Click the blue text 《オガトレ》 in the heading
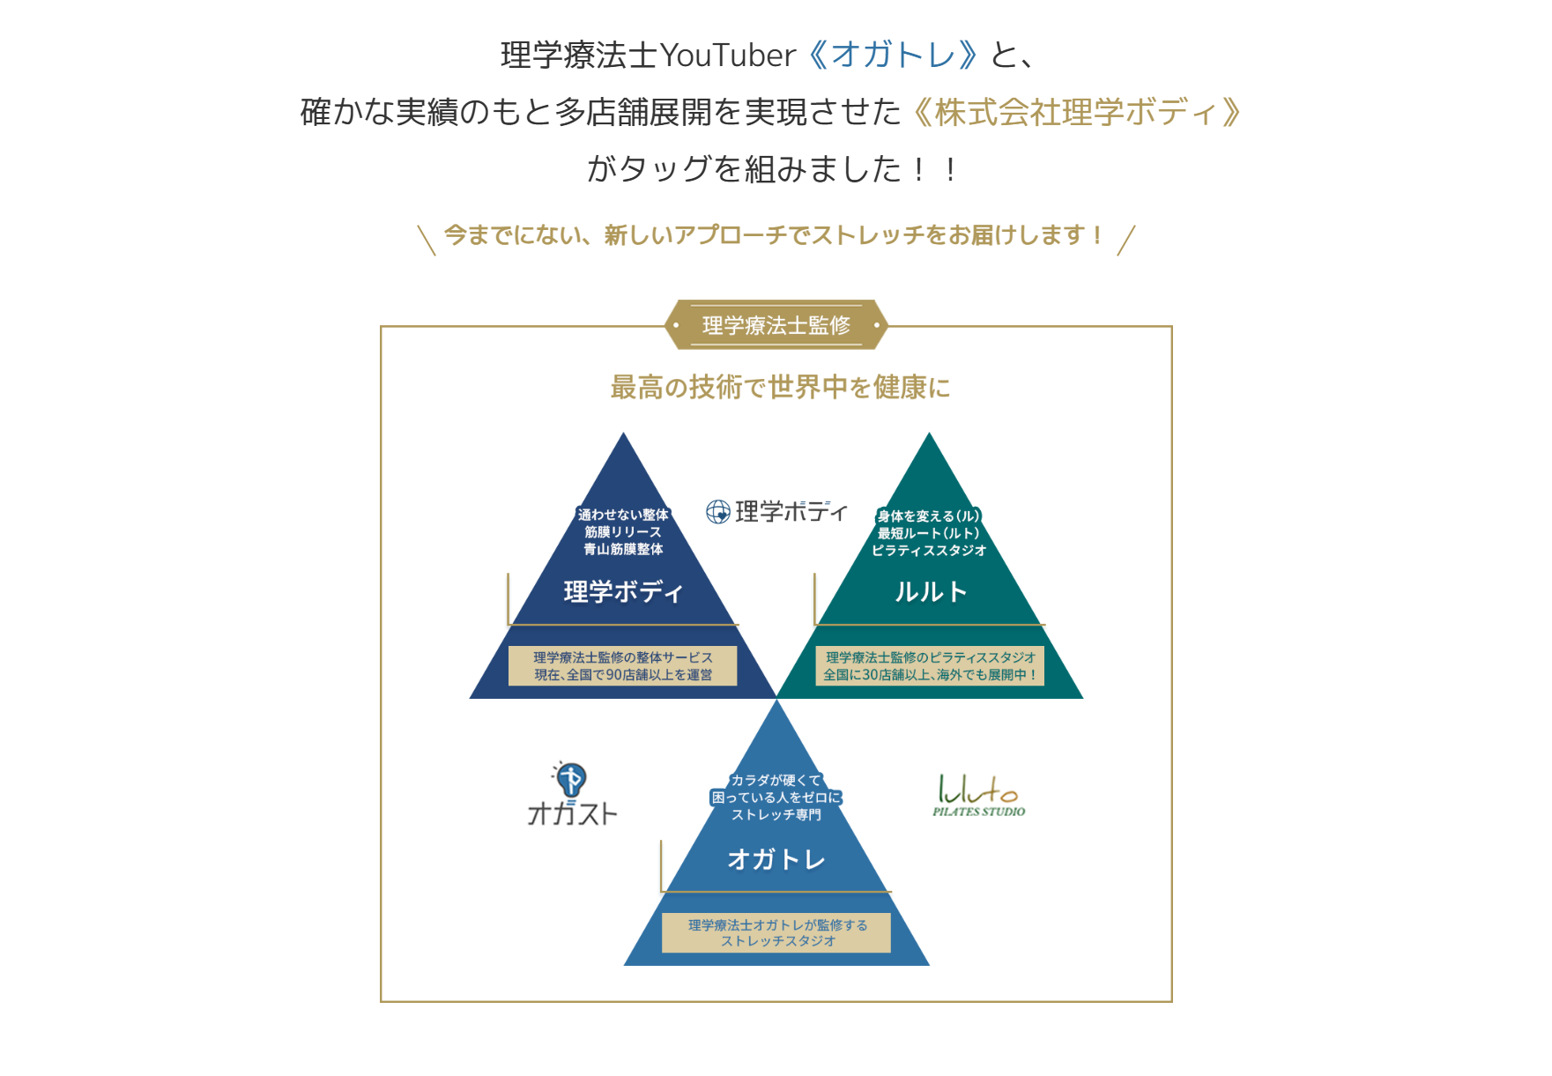[892, 55]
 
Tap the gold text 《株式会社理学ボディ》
[1078, 112]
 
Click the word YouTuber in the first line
[727, 56]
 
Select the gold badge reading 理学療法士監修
[776, 325]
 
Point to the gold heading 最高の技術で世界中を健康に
[780, 387]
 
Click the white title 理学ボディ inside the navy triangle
[623, 592]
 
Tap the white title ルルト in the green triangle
[931, 592]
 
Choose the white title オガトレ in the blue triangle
[776, 859]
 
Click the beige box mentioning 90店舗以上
[623, 666]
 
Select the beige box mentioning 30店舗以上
[930, 666]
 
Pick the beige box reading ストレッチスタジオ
[776, 933]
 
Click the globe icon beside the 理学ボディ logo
[718, 512]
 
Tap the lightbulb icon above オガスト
[570, 780]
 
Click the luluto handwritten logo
[977, 789]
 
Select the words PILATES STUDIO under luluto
[978, 812]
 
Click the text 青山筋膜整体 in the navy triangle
[623, 549]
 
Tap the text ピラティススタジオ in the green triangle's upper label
[929, 551]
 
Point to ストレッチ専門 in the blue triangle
[776, 815]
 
